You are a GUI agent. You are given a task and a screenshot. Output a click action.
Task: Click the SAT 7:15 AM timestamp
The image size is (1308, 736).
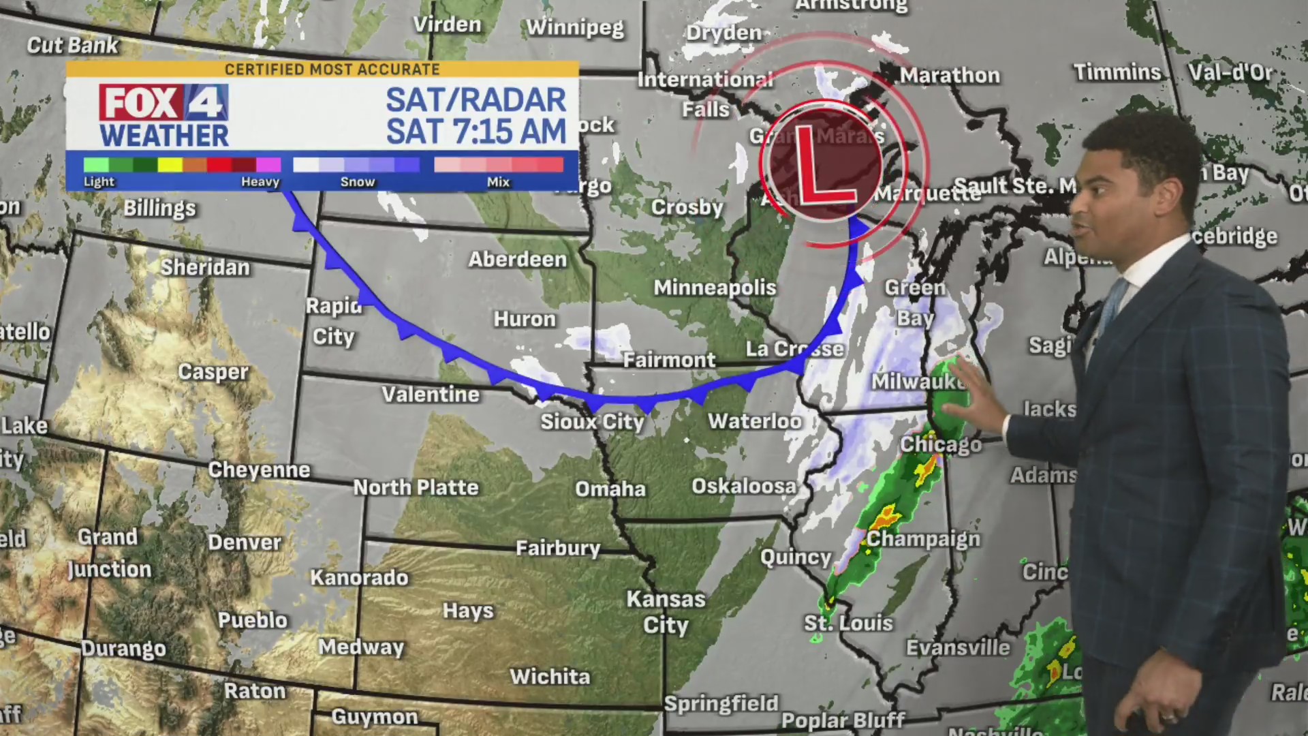(x=476, y=132)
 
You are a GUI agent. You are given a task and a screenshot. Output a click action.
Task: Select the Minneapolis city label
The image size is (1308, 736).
(x=715, y=288)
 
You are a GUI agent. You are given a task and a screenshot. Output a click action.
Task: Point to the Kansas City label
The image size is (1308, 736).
(x=666, y=612)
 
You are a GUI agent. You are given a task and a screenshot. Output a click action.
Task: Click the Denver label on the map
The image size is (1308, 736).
(x=244, y=542)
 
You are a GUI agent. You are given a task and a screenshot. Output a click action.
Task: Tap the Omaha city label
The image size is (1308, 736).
(x=610, y=489)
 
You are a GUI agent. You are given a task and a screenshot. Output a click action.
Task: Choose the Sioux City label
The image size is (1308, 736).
(x=592, y=422)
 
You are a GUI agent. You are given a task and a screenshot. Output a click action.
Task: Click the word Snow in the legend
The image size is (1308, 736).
(x=358, y=182)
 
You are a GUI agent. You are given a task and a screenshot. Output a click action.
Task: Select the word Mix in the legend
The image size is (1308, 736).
(x=498, y=182)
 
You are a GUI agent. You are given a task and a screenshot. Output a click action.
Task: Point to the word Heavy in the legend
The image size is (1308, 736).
(x=260, y=182)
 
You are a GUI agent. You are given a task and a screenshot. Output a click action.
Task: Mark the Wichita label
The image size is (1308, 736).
(x=550, y=677)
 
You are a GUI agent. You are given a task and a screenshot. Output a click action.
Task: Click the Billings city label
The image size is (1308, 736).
(x=159, y=208)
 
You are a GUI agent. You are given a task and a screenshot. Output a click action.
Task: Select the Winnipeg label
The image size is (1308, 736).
(x=575, y=28)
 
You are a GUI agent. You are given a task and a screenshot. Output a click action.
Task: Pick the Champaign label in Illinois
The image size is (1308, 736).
(x=923, y=539)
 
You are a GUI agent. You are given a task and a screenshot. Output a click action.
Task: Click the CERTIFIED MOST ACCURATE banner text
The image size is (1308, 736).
(x=332, y=70)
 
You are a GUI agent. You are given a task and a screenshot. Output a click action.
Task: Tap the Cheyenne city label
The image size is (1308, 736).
(x=259, y=470)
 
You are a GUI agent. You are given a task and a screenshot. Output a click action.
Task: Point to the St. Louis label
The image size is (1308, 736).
(x=847, y=623)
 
